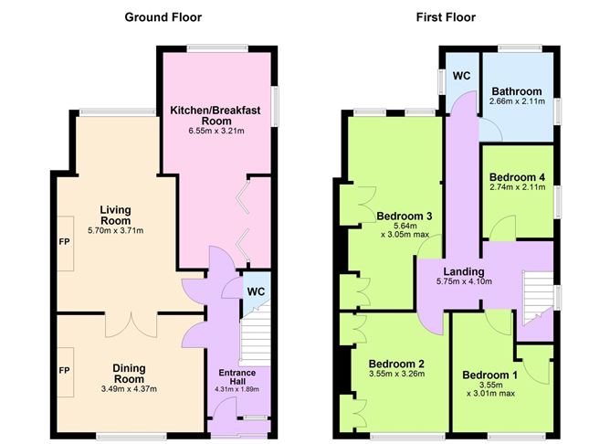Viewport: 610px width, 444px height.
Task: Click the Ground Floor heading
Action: coord(163,17)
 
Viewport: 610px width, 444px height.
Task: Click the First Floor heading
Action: coord(446,17)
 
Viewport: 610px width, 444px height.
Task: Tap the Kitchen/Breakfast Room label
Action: coord(216,115)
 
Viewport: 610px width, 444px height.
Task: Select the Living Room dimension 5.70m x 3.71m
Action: coord(115,230)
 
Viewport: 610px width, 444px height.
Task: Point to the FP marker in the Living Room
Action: coord(65,245)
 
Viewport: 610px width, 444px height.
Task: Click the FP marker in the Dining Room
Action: coord(65,373)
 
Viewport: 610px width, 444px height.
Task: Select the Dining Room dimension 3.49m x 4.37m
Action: coord(129,388)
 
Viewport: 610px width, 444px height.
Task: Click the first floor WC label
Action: coord(461,76)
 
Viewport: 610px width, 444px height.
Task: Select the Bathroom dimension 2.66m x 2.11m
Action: coord(517,103)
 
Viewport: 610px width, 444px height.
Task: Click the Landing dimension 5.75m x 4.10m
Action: coord(464,281)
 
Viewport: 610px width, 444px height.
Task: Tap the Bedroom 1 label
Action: coord(489,375)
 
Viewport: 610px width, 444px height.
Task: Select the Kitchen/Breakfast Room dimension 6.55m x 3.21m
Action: coord(216,131)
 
